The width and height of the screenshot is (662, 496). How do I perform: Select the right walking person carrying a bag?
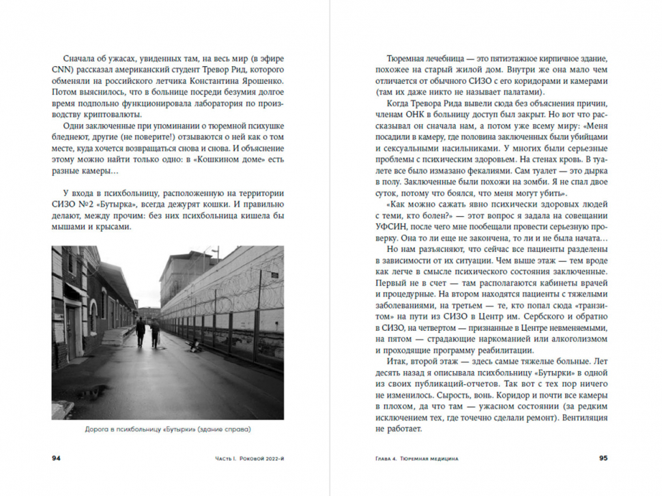[x=155, y=334]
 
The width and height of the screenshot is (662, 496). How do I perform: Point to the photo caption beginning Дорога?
[x=167, y=430]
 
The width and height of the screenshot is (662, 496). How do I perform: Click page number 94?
[x=57, y=458]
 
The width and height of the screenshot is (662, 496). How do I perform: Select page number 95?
[x=603, y=458]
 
